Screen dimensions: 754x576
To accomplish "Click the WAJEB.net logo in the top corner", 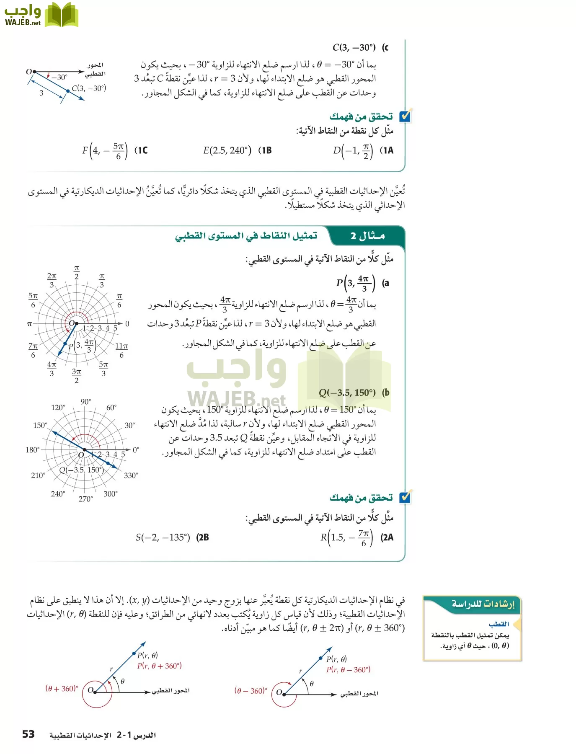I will pos(41,15).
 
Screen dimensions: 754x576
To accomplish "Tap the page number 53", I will pos(28,734).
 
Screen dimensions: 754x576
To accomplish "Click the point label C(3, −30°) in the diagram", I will pos(89,88).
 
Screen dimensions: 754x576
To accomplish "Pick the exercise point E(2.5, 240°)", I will pos(227,150).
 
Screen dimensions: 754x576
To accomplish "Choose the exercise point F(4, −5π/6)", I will pos(105,151).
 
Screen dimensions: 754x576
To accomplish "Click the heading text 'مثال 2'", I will pos(367,236).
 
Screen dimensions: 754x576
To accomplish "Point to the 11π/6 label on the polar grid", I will pos(121,350).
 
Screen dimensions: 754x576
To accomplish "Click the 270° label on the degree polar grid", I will pos(85,499).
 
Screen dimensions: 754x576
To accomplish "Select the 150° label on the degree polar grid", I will pos(40,425).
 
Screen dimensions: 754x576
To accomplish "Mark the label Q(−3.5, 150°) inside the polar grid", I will pos(81,470).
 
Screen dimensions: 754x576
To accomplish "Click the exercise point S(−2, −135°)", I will pos(163,537).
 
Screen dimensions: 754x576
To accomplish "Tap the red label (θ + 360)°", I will pos(62,688).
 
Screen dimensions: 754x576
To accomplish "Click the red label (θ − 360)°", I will pos(251,691).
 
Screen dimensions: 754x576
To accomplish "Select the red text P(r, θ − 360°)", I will pos(348,669).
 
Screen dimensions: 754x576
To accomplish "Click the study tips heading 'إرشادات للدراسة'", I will pos(483,604).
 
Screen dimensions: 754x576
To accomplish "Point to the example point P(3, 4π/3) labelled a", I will pos(356,283).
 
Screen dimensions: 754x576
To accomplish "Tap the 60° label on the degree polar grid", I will pos(111,408).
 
